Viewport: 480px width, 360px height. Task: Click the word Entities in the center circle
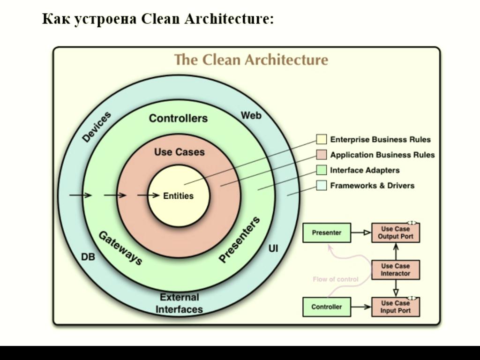pos(178,196)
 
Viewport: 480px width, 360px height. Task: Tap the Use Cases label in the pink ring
pos(180,152)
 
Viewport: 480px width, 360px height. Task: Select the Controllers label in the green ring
pos(178,118)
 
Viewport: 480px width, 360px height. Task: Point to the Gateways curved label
pos(120,248)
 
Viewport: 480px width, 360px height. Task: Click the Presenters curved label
pos(239,240)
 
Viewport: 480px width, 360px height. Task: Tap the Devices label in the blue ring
pos(97,127)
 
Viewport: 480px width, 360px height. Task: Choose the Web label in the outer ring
pos(251,115)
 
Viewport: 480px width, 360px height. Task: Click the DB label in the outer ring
pos(88,257)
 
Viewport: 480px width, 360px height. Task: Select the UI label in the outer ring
pos(273,248)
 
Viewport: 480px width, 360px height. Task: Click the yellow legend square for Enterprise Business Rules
pos(321,139)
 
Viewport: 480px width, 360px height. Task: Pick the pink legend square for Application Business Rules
pos(321,155)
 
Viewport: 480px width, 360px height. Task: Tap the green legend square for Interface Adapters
pos(321,170)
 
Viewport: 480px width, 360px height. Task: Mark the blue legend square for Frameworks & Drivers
pos(321,185)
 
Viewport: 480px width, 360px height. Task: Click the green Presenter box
pos(327,232)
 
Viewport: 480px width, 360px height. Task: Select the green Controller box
pos(327,307)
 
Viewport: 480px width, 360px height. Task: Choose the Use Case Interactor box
pos(396,270)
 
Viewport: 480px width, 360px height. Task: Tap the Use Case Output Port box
pos(396,232)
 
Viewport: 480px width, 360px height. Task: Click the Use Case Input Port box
pos(396,307)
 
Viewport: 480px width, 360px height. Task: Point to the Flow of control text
pos(336,279)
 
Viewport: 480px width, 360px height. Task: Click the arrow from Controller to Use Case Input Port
pos(361,307)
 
